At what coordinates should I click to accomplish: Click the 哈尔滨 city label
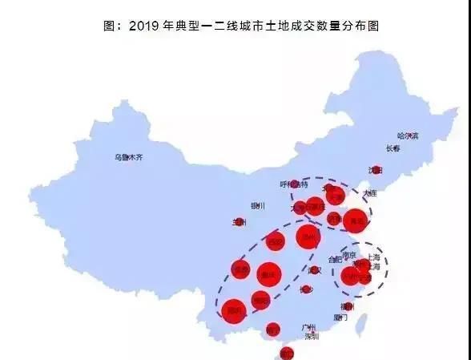coord(408,136)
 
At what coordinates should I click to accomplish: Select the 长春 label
coord(392,148)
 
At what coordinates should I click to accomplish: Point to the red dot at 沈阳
coord(376,170)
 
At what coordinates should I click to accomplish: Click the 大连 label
coord(369,193)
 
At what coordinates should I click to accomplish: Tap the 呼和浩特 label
coord(294,184)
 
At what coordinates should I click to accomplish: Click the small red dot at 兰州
coord(240,222)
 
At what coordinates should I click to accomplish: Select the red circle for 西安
coord(276,241)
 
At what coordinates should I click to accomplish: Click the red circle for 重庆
coord(269,274)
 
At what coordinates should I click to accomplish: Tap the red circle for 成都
coord(240,270)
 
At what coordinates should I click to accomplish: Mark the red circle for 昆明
coord(234,309)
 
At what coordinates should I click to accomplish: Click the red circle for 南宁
coord(273,328)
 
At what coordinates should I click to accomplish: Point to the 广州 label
coord(309,327)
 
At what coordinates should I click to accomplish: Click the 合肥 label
coord(335,260)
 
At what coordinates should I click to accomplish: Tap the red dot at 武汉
coord(315,270)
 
